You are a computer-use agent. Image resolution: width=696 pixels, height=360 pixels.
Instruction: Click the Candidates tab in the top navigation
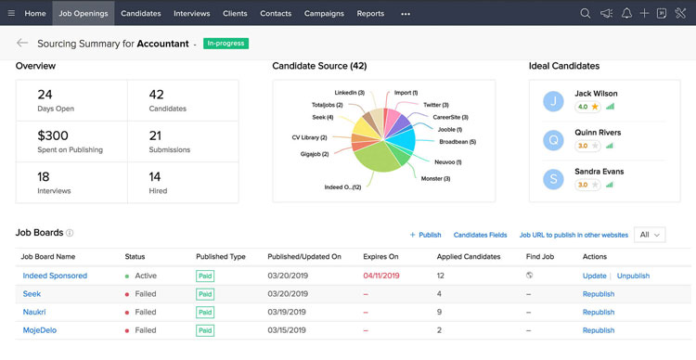140,14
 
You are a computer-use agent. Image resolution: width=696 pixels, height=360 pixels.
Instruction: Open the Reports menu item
370,14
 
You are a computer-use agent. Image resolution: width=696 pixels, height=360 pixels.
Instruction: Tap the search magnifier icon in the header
585,14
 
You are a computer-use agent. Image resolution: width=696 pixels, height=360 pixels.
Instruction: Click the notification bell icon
627,14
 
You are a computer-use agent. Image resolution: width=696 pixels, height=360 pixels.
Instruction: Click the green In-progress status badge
226,43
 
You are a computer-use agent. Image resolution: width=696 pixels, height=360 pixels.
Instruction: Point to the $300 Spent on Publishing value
53,135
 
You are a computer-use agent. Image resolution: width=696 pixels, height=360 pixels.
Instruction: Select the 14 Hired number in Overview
155,176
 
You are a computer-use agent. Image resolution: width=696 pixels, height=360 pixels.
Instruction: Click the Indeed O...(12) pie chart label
342,187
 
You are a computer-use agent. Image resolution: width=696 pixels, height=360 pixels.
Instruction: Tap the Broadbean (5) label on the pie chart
458,142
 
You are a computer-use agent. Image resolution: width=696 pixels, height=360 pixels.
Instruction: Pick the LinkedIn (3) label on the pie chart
349,93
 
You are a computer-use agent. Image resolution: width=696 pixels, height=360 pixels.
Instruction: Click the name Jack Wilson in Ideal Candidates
596,94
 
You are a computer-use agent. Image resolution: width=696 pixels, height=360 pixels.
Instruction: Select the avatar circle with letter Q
554,139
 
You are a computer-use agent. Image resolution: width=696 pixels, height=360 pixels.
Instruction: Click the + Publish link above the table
425,235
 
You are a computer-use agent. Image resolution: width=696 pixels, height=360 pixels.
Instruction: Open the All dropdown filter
650,235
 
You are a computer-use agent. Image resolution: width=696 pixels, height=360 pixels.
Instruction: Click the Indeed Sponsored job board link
55,276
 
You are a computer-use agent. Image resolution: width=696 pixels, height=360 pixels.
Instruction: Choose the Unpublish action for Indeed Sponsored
633,276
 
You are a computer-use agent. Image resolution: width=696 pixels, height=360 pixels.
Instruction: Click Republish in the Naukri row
599,312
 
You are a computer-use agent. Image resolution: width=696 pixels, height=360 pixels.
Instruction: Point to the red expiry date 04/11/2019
381,276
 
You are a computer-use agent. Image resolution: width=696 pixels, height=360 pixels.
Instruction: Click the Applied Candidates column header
469,256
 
